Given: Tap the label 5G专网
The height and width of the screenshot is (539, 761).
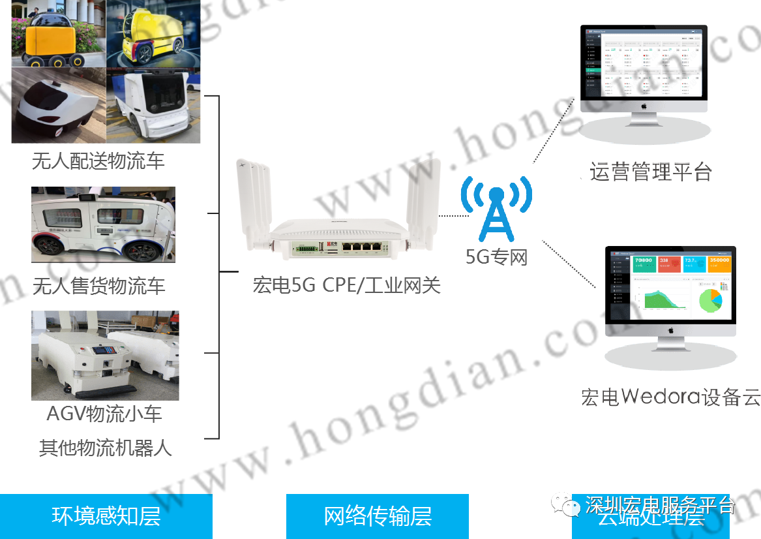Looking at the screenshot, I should pos(496,257).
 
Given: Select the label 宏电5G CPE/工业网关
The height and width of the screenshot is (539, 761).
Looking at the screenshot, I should pos(346,285).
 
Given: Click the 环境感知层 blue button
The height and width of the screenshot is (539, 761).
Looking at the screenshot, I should pos(106,516).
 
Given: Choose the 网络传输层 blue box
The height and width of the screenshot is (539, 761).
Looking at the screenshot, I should pos(378,516).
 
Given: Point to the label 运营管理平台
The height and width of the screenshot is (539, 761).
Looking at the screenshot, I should pos(650,172).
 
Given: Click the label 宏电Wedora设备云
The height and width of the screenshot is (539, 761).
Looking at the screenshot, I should pos(670,397).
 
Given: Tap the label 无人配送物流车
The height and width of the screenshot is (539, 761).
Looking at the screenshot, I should pos(98,161).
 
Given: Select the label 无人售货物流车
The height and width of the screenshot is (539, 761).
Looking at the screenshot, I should pos(99,286).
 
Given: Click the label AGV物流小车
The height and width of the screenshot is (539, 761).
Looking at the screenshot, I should pos(104,414).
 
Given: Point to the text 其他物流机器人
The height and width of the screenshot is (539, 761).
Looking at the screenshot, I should pos(105,448).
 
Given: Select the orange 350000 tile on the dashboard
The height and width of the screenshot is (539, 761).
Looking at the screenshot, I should pos(719,263).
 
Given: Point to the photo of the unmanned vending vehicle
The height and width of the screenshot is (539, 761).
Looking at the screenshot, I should pos(103,224).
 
